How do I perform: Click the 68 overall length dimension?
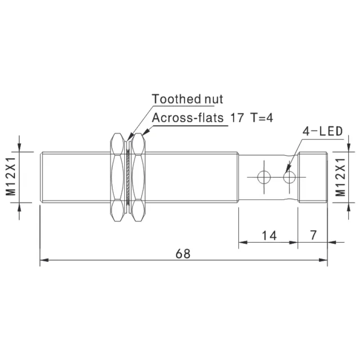[x=183, y=254]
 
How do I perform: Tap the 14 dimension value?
[x=269, y=235]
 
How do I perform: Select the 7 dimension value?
[x=313, y=235]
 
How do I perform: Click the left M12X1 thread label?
[x=11, y=176]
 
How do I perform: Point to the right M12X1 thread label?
[x=341, y=177]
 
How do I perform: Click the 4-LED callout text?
[x=323, y=131]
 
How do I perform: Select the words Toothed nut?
[x=187, y=99]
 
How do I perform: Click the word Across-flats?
[x=188, y=118]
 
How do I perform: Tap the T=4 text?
[x=262, y=118]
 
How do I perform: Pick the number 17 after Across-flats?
[x=237, y=118]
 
